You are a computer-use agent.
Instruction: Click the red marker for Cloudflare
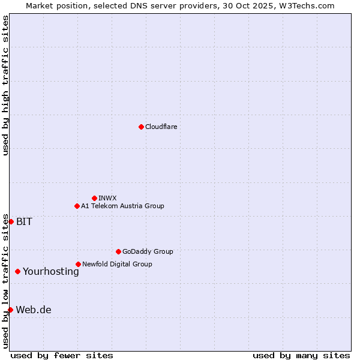(x=141, y=127)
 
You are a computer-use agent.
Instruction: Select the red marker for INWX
(x=94, y=198)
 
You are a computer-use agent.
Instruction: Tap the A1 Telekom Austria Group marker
(x=77, y=206)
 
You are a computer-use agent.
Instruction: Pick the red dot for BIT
(x=11, y=221)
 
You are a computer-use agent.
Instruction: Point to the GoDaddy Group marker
(x=118, y=251)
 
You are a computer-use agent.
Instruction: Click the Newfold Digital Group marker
(x=78, y=264)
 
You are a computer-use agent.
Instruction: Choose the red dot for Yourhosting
(x=17, y=271)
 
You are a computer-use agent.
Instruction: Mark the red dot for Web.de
(x=10, y=310)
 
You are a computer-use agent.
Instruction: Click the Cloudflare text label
(x=161, y=127)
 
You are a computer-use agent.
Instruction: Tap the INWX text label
(x=107, y=198)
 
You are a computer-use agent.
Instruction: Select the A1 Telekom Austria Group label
(x=122, y=206)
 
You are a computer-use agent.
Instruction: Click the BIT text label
(x=24, y=221)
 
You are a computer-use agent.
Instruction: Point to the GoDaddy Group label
(x=148, y=251)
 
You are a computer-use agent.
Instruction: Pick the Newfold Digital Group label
(x=117, y=264)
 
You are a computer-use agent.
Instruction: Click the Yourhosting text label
(x=51, y=271)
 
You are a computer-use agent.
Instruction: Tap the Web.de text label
(x=34, y=310)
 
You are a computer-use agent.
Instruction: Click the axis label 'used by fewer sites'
(x=62, y=355)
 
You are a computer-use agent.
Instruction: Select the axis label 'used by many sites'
(x=301, y=355)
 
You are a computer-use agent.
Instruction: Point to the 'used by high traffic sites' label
(x=5, y=85)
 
